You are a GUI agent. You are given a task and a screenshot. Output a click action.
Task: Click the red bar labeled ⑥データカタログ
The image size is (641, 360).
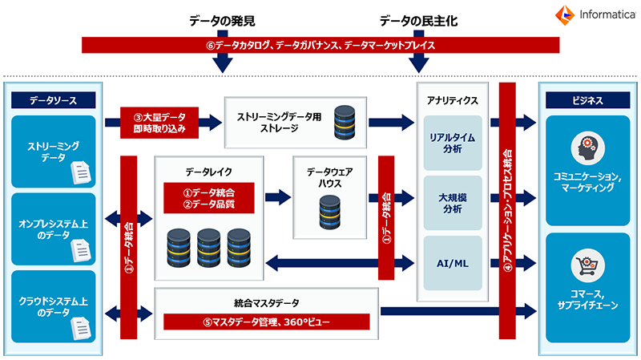pyautogui.click(x=320, y=46)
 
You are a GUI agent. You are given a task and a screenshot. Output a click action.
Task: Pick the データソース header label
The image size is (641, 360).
pyautogui.click(x=53, y=100)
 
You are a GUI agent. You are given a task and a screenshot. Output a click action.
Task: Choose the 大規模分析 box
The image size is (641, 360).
pyautogui.click(x=453, y=203)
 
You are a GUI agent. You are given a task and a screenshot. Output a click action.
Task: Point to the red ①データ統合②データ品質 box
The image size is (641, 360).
pyautogui.click(x=209, y=199)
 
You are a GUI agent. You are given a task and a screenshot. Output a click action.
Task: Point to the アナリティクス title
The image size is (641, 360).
pyautogui.click(x=453, y=100)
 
